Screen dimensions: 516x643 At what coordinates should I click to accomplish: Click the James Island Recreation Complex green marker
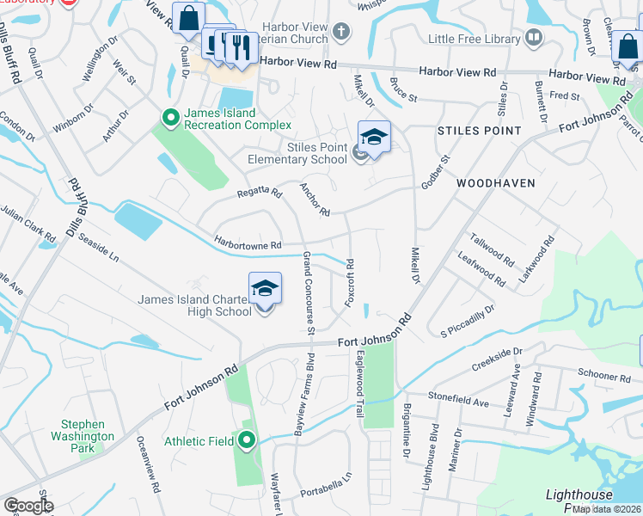[x=170, y=116]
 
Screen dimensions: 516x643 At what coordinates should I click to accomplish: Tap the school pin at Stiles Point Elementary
[x=374, y=138]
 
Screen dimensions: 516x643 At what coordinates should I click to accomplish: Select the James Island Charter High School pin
[x=265, y=290]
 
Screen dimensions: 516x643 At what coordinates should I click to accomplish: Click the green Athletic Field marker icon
[x=248, y=441]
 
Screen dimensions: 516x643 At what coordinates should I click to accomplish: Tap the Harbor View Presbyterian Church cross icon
[x=341, y=34]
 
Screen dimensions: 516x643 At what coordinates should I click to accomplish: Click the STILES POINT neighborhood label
[x=479, y=131]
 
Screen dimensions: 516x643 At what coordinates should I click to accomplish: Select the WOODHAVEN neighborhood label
[x=496, y=183]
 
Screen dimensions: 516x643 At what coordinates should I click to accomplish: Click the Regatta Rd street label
[x=260, y=194]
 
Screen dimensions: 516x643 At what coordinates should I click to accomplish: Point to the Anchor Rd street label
[x=314, y=199]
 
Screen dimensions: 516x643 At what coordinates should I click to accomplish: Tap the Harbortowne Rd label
[x=248, y=245]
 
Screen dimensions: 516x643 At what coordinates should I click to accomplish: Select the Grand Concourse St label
[x=308, y=292]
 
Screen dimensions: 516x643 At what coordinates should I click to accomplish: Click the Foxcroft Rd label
[x=349, y=281]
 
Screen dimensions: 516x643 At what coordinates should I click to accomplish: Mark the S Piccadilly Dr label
[x=468, y=319]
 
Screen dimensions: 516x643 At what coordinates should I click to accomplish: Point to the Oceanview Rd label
[x=155, y=464]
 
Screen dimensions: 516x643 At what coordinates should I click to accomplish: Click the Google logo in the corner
[x=28, y=506]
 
